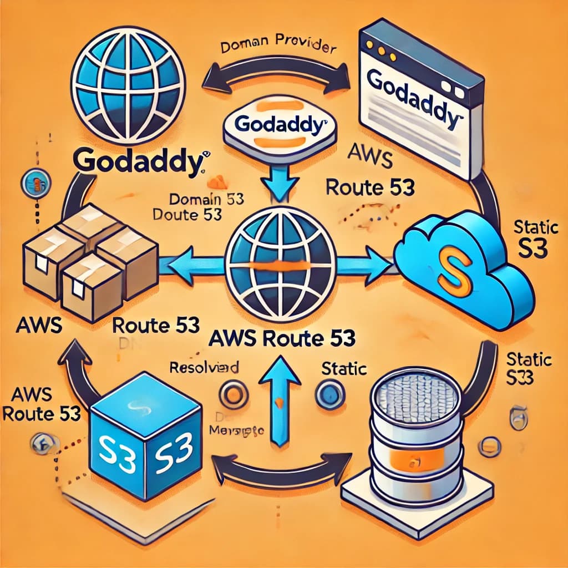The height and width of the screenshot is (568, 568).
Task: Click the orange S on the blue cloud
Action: pyautogui.click(x=454, y=271)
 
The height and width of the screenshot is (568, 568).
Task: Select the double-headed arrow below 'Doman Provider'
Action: pyautogui.click(x=276, y=79)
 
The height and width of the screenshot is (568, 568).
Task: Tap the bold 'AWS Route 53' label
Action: pyautogui.click(x=283, y=337)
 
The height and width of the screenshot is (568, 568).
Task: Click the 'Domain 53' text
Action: pyautogui.click(x=207, y=199)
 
